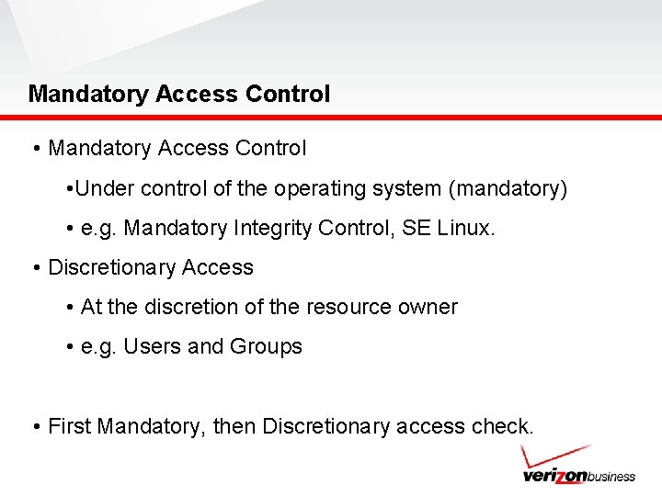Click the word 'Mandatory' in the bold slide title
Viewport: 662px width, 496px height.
[88, 94]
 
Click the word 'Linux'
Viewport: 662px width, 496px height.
[465, 228]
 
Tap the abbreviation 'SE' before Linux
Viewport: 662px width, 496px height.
[417, 228]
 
